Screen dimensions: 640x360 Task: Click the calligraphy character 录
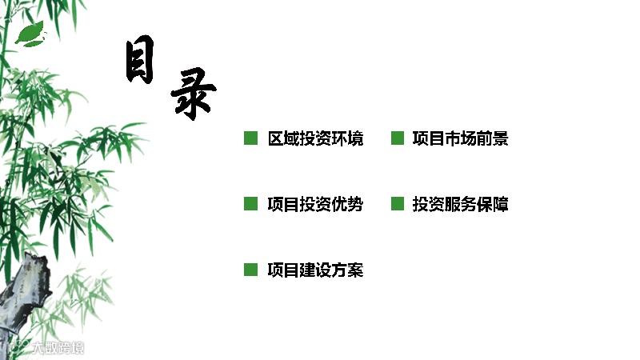pyautogui.click(x=193, y=93)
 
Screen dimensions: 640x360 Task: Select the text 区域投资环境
pyautogui.click(x=315, y=139)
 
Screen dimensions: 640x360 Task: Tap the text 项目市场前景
pyautogui.click(x=460, y=139)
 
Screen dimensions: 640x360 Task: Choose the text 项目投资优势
pyautogui.click(x=315, y=205)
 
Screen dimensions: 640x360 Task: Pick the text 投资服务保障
pyautogui.click(x=460, y=205)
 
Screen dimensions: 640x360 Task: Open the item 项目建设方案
pyautogui.click(x=315, y=270)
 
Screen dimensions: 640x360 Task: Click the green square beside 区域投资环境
pyautogui.click(x=250, y=138)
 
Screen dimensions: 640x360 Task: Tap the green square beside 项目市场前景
pyautogui.click(x=397, y=138)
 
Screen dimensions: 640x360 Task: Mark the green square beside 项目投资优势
pyautogui.click(x=250, y=204)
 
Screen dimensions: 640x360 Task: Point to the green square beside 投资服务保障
pyautogui.click(x=397, y=204)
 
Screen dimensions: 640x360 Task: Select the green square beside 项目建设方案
pyautogui.click(x=250, y=270)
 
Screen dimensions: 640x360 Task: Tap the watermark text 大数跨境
pyautogui.click(x=58, y=349)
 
